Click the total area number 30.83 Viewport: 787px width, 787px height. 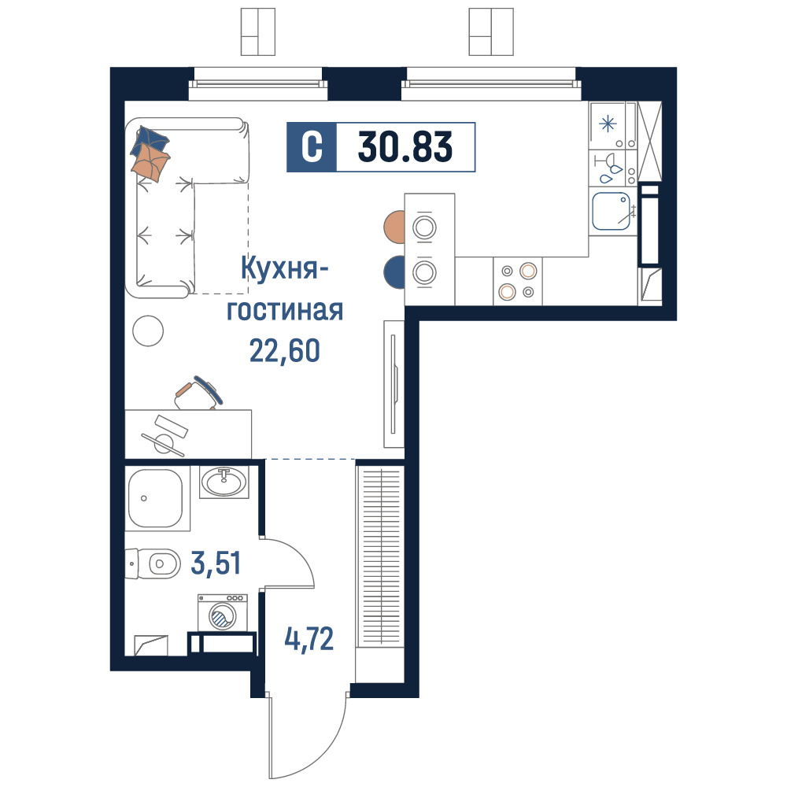pos(405,147)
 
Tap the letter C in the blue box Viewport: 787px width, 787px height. pos(312,147)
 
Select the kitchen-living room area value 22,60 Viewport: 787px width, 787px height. pos(285,350)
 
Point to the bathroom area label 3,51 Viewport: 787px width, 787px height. pos(216,563)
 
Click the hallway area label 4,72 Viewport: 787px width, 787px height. pos(309,639)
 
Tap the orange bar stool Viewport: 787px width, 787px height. pos(394,227)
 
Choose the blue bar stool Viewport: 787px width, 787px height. pos(394,272)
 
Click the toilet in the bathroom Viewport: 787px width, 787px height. pos(153,563)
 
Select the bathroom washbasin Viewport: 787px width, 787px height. pos(224,482)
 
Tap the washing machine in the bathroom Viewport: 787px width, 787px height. pos(223,612)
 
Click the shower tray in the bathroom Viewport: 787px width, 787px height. pos(157,498)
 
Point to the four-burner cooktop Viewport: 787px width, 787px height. pos(518,281)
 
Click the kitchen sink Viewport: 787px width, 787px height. pos(611,211)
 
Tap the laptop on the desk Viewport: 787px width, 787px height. pos(164,435)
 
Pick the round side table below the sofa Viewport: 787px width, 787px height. pos(148,331)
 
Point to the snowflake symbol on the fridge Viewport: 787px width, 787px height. pos(608,123)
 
